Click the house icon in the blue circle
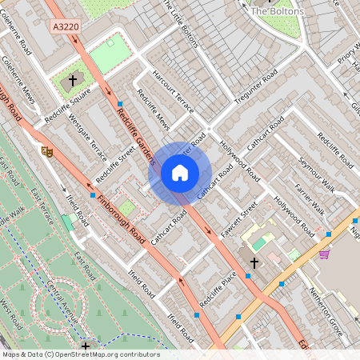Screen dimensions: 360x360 tap(180, 173)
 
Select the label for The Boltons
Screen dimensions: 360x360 tap(277, 11)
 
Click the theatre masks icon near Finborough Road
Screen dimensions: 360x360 tap(47, 150)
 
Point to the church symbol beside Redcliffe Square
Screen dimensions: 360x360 tap(72, 81)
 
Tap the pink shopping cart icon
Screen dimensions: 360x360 tap(324, 254)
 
